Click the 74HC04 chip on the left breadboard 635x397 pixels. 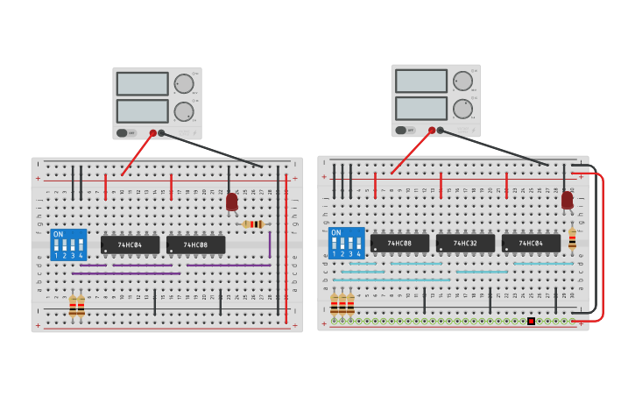(130, 245)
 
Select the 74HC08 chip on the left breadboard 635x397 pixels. (195, 245)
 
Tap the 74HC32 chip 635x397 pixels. (465, 243)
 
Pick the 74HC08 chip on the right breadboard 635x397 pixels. (399, 243)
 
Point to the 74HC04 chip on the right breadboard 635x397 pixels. (531, 243)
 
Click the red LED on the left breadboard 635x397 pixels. (231, 202)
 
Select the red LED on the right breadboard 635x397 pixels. (568, 200)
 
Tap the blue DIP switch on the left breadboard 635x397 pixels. (69, 245)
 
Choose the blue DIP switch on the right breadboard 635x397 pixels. (346, 243)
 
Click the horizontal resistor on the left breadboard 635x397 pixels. (253, 224)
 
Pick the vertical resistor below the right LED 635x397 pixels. (572, 238)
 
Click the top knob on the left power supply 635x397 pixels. (184, 84)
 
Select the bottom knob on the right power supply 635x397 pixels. (462, 109)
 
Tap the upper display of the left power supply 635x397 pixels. (142, 84)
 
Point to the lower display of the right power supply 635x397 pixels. (420, 109)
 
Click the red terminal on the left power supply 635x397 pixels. (153, 133)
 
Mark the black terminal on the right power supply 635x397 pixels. (441, 131)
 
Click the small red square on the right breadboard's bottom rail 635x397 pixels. (531, 322)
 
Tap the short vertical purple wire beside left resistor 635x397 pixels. (270, 245)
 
